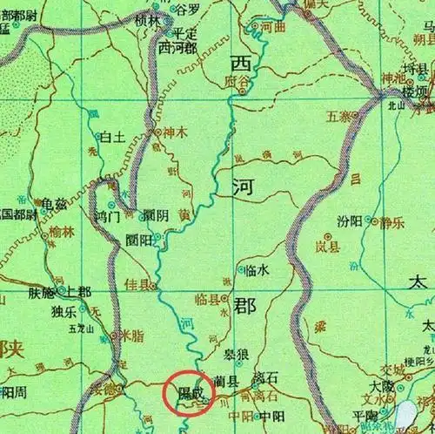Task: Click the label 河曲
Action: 273,27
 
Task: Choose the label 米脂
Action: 131,335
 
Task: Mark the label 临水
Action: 258,270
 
